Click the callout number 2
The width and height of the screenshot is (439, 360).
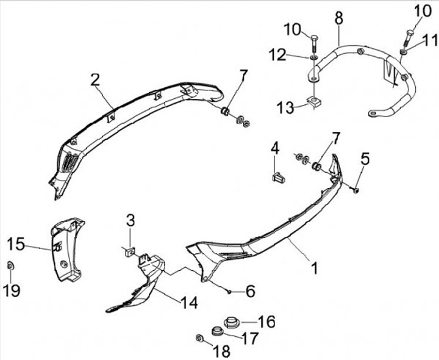coord(95,79)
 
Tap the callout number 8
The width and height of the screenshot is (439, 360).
coord(339,18)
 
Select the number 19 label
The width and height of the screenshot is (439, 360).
coord(12,290)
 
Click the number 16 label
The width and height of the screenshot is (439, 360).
coord(266,321)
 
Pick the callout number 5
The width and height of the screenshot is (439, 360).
coord(365,159)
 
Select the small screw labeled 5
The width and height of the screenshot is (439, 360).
coord(356,190)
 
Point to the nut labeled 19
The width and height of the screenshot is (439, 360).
coord(11,265)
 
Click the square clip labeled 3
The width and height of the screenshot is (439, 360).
coord(129,250)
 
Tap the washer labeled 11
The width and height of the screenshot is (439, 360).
coord(404,51)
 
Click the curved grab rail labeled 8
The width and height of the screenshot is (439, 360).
coord(372,61)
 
